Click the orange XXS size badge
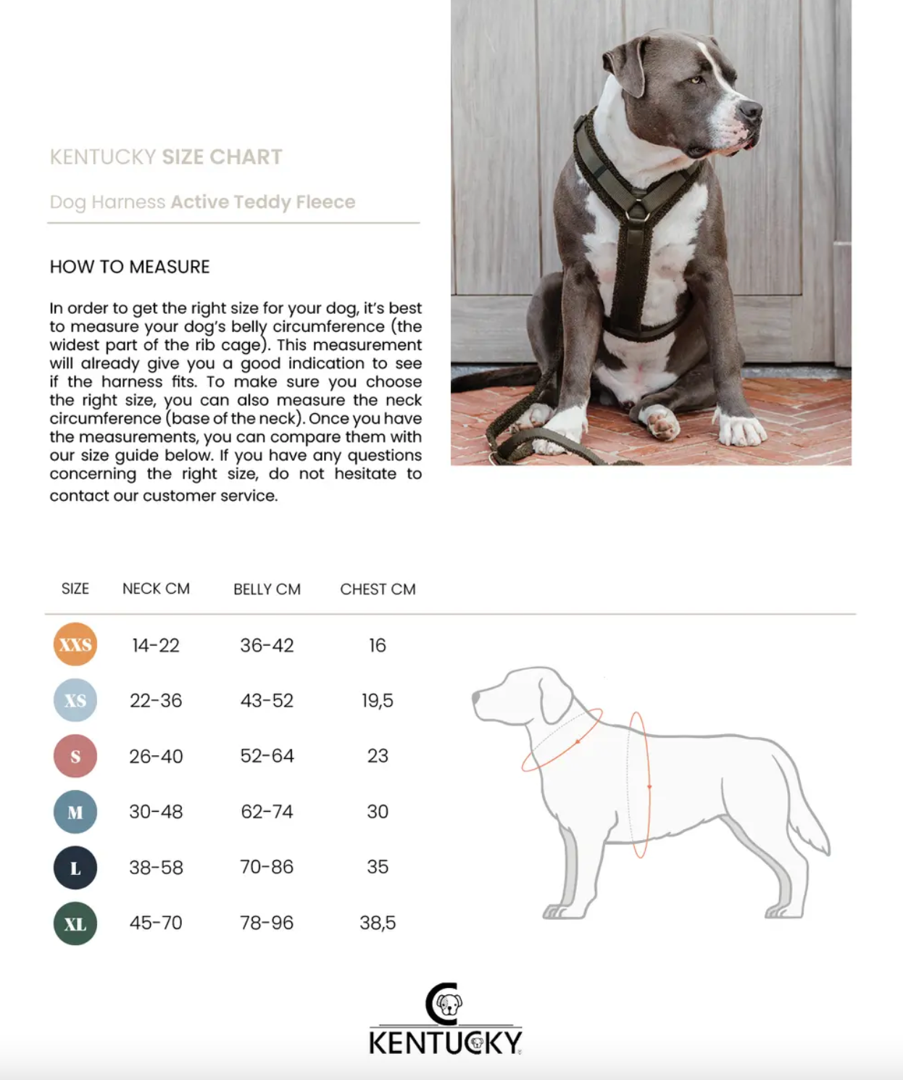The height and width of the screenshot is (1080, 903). [75, 644]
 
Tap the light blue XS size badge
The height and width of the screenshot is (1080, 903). [75, 700]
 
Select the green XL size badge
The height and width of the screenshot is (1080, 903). [75, 923]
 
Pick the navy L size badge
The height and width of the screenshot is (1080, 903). [75, 868]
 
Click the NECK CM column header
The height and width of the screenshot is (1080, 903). [156, 589]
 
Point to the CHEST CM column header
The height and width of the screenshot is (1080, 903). [378, 589]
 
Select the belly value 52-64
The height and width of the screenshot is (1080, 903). [267, 756]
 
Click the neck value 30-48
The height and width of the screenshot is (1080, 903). [156, 812]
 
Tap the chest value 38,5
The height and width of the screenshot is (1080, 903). [378, 923]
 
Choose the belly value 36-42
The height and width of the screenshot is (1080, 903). [267, 645]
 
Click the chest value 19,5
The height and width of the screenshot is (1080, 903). [378, 700]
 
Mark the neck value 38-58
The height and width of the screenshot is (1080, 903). [156, 868]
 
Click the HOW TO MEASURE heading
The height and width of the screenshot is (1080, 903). [130, 267]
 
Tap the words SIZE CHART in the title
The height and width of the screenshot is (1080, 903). [222, 157]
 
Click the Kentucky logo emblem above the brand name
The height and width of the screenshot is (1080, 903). [444, 1004]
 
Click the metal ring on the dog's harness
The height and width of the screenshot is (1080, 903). [637, 212]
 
